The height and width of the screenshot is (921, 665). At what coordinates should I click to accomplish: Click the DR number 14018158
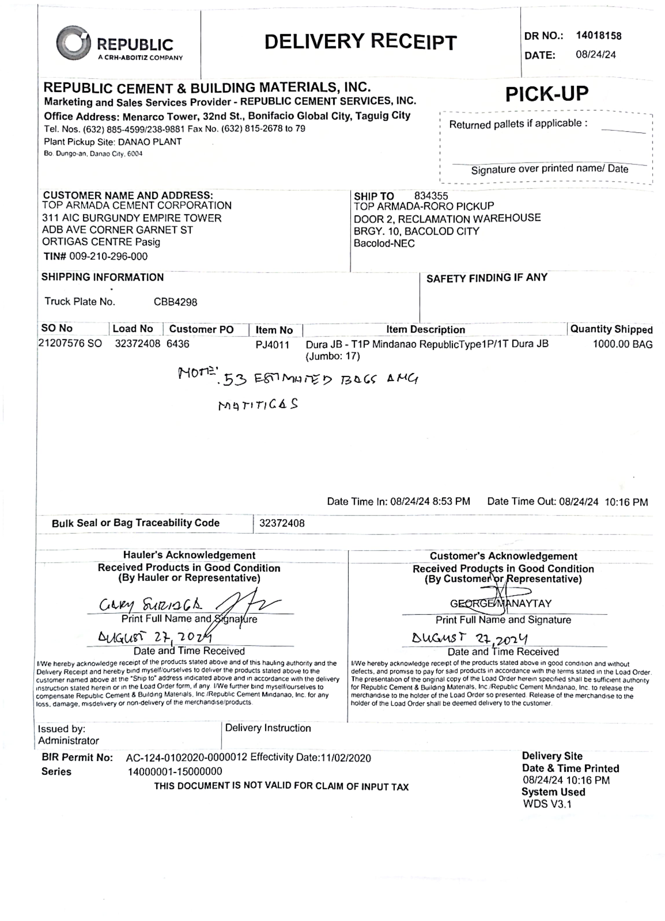pyautogui.click(x=598, y=36)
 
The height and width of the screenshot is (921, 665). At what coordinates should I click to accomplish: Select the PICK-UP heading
pyautogui.click(x=546, y=94)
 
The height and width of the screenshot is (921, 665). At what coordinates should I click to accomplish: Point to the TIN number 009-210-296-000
pyautogui.click(x=109, y=256)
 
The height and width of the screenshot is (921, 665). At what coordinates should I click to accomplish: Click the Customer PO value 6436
pyautogui.click(x=178, y=344)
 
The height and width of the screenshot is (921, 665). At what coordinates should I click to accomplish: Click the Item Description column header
pyautogui.click(x=425, y=329)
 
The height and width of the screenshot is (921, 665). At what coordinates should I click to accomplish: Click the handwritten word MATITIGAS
pyautogui.click(x=258, y=405)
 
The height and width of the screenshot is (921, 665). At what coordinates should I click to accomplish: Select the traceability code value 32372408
pyautogui.click(x=282, y=523)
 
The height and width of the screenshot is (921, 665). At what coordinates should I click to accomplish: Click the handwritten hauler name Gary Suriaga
pyautogui.click(x=150, y=605)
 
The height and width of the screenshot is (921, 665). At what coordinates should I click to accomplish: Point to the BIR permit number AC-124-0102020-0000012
pyautogui.click(x=186, y=758)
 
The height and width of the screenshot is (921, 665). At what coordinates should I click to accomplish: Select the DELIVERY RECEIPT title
pyautogui.click(x=360, y=42)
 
